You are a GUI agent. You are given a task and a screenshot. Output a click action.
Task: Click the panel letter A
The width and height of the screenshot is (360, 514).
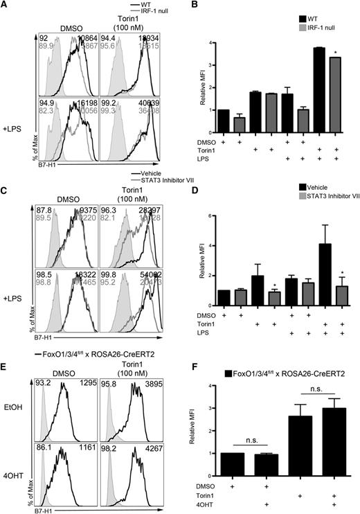pyautogui.click(x=5, y=6)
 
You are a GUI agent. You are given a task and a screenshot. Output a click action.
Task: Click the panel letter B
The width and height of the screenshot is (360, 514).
pyautogui.click(x=190, y=6)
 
